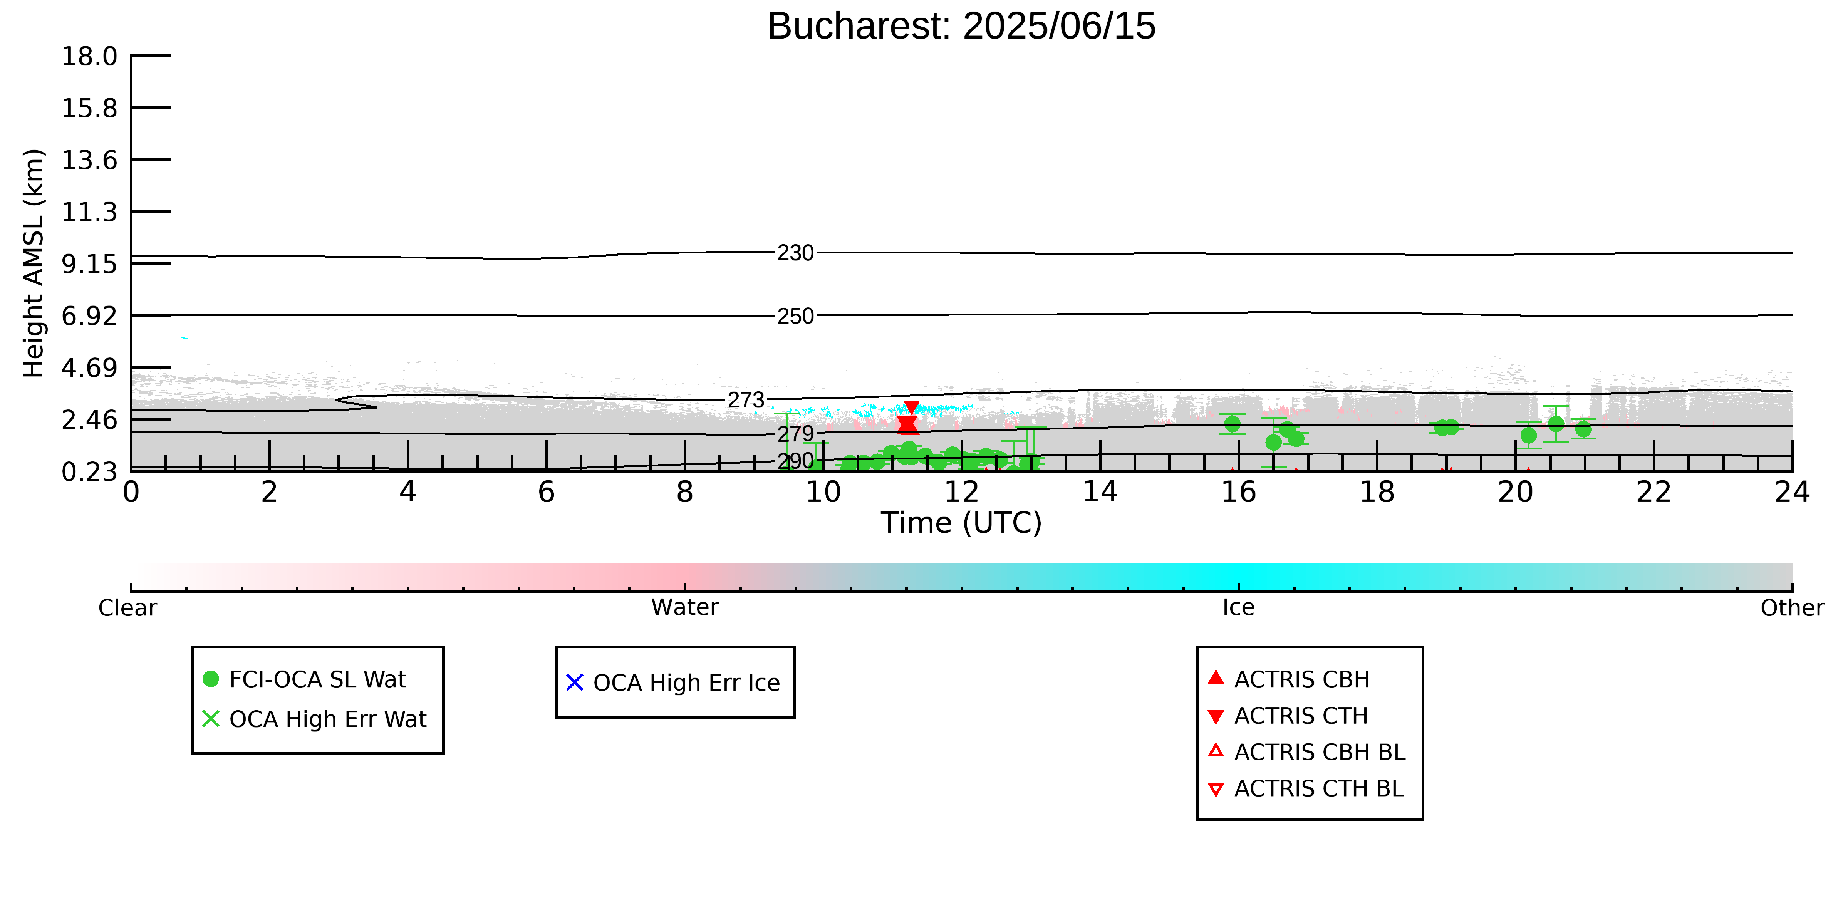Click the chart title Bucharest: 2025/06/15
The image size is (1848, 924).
(x=961, y=27)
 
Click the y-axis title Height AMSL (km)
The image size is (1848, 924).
(x=34, y=263)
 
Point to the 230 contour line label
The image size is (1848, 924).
(x=796, y=253)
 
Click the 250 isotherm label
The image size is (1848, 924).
(x=796, y=316)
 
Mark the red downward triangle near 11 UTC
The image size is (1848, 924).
(x=911, y=407)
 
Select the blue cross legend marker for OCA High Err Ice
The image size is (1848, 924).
(x=575, y=682)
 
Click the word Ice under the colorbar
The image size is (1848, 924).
(x=1238, y=608)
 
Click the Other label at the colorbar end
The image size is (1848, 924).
(x=1792, y=608)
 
